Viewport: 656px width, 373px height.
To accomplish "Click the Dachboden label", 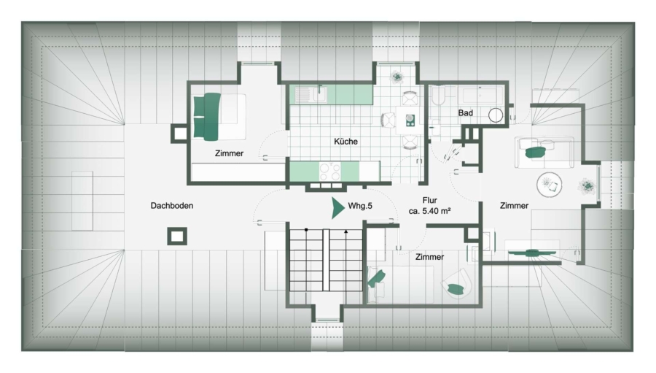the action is [x=172, y=205].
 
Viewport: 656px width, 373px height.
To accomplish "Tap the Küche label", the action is [x=345, y=141].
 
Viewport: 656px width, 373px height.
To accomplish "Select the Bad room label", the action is [x=465, y=112].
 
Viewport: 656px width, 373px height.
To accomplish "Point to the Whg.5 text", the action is [x=360, y=206].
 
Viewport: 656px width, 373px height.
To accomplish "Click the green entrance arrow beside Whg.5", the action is [x=337, y=208].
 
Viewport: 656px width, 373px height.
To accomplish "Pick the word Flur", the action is [x=429, y=200].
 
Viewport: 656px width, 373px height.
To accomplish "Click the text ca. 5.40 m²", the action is [x=429, y=211].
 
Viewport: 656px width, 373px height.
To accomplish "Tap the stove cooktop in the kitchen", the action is [x=330, y=172].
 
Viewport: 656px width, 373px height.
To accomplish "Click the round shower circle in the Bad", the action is [x=496, y=115].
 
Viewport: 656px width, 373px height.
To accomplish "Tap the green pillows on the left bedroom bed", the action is [x=207, y=117].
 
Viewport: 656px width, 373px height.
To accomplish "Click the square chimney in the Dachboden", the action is [x=177, y=237].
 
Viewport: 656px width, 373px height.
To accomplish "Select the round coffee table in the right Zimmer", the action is [x=550, y=185].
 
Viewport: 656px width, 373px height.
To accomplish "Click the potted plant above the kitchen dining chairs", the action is [x=397, y=77].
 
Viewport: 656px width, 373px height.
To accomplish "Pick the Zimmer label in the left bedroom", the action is [x=229, y=153].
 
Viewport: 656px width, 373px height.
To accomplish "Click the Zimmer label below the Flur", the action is [x=429, y=257].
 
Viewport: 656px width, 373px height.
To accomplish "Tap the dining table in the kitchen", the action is [x=410, y=120].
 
